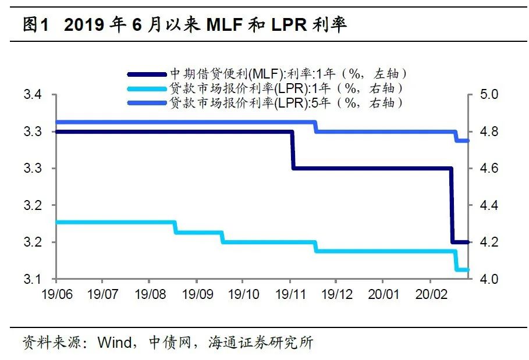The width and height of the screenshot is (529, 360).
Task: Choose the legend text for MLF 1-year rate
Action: point(287,73)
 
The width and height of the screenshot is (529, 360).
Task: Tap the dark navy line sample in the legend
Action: point(146,74)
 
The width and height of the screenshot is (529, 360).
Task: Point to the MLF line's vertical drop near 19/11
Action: point(292,150)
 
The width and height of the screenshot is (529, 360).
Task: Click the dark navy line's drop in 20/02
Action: point(452,205)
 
